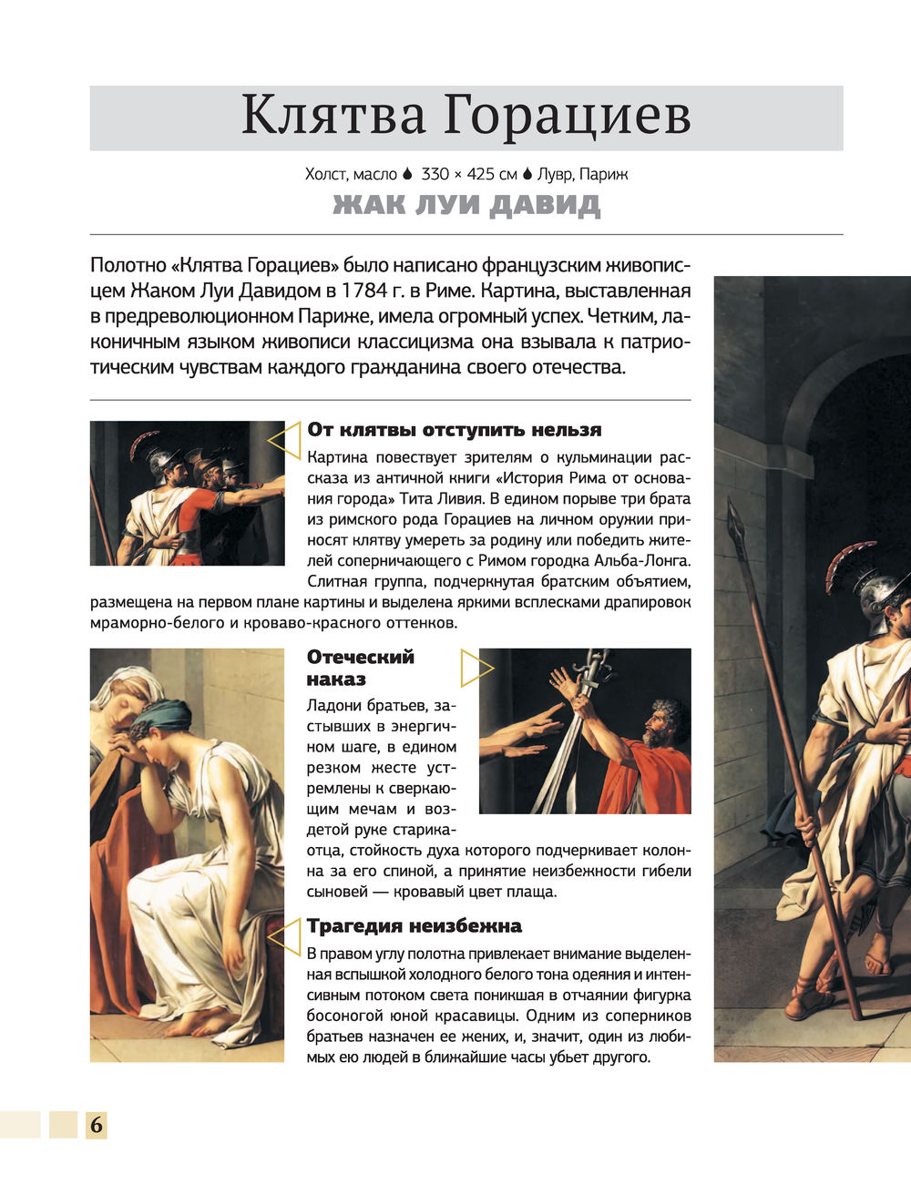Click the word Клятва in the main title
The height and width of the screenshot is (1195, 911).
click(333, 116)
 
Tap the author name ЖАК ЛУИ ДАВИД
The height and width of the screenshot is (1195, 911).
click(466, 205)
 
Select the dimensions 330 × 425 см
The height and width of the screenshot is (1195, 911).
click(469, 173)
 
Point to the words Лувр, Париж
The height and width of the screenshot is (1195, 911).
click(583, 173)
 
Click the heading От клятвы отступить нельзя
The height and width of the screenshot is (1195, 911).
click(454, 430)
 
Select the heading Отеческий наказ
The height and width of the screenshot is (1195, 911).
click(361, 668)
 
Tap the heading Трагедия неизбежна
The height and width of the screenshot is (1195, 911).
click(414, 926)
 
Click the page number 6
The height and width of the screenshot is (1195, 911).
click(96, 1126)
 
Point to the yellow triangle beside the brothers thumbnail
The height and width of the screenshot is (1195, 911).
click(284, 442)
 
